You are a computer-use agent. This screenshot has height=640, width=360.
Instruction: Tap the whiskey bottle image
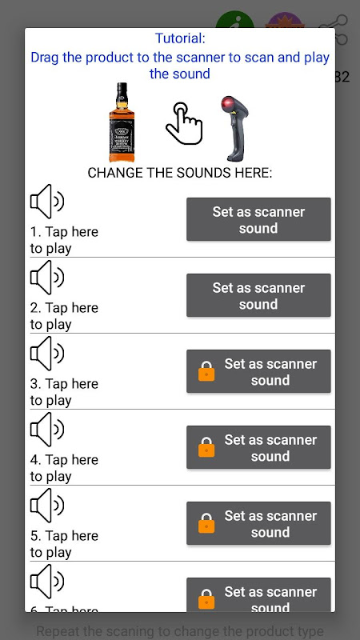(x=122, y=122)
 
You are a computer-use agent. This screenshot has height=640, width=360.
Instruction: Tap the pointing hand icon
(x=183, y=124)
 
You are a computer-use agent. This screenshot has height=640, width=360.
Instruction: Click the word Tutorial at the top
(x=180, y=38)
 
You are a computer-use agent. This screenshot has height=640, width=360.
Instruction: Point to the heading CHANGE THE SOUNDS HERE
(x=180, y=173)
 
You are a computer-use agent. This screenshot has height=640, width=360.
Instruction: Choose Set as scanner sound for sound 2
(x=258, y=296)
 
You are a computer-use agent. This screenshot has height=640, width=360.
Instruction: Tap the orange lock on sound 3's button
(x=206, y=372)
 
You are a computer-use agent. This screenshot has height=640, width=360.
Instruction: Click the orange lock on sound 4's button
(x=206, y=448)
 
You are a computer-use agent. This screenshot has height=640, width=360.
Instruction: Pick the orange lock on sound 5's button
(x=206, y=524)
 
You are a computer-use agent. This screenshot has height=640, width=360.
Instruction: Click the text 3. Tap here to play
(x=64, y=392)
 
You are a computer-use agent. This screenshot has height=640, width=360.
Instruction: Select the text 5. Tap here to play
(x=64, y=544)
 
